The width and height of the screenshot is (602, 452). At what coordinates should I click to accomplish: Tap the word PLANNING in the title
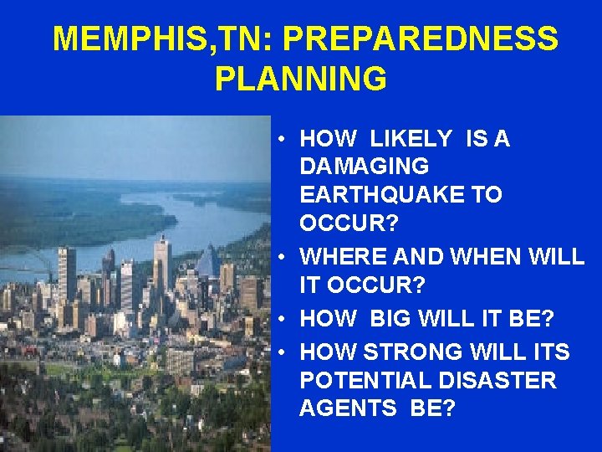click(300, 79)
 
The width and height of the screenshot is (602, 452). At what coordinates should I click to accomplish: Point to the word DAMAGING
click(364, 166)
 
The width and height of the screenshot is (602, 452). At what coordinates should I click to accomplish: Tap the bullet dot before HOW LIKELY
click(285, 139)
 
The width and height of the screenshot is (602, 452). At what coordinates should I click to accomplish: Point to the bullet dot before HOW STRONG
click(285, 353)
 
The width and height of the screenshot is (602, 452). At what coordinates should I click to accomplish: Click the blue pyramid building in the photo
click(208, 266)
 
